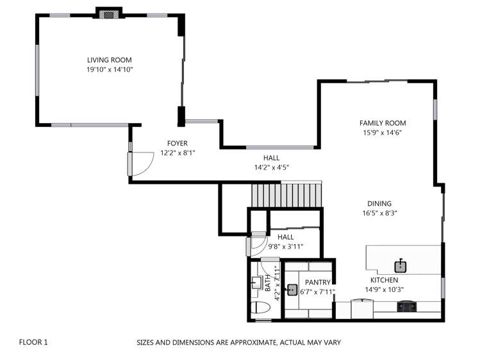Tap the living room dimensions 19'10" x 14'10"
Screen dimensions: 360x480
pos(110,69)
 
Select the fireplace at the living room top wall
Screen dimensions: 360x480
pos(108,13)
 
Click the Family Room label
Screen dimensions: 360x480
pos(383,123)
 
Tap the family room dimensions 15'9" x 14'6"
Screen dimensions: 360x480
pos(383,133)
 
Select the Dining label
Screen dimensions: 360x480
pos(379,204)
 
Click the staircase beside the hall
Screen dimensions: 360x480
pos(285,195)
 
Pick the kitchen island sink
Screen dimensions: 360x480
pos(401,264)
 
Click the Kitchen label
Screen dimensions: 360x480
pos(384,280)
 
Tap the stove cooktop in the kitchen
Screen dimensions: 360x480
pos(406,307)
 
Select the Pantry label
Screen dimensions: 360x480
pos(317,282)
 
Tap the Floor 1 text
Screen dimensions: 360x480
pos(33,342)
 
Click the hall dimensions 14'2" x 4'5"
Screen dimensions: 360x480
pos(271,167)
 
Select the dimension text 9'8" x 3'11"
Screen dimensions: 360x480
pos(285,246)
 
